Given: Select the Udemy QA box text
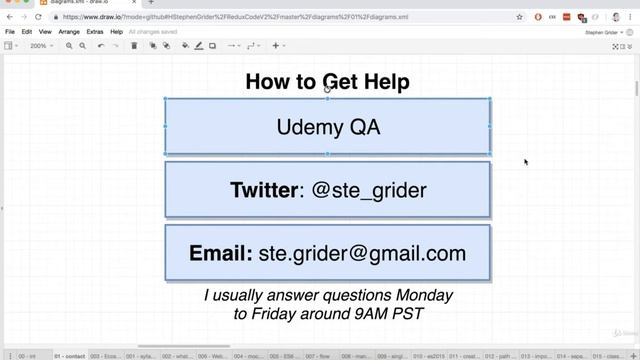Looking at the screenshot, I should point(327,126).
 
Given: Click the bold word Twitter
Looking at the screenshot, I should point(261,189).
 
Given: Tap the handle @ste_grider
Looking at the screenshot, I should point(369,189).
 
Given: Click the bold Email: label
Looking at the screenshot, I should point(220,253).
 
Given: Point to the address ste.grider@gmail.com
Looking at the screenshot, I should point(362,253).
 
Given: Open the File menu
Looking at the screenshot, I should point(10,32).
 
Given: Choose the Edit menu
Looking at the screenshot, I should point(27,32).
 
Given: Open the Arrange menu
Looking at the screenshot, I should point(69,32).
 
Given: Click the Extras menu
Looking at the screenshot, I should point(95,32).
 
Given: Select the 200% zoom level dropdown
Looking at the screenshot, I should point(41,46).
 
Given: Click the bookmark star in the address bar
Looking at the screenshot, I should point(519,17).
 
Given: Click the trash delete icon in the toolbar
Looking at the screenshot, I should point(134,46).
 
